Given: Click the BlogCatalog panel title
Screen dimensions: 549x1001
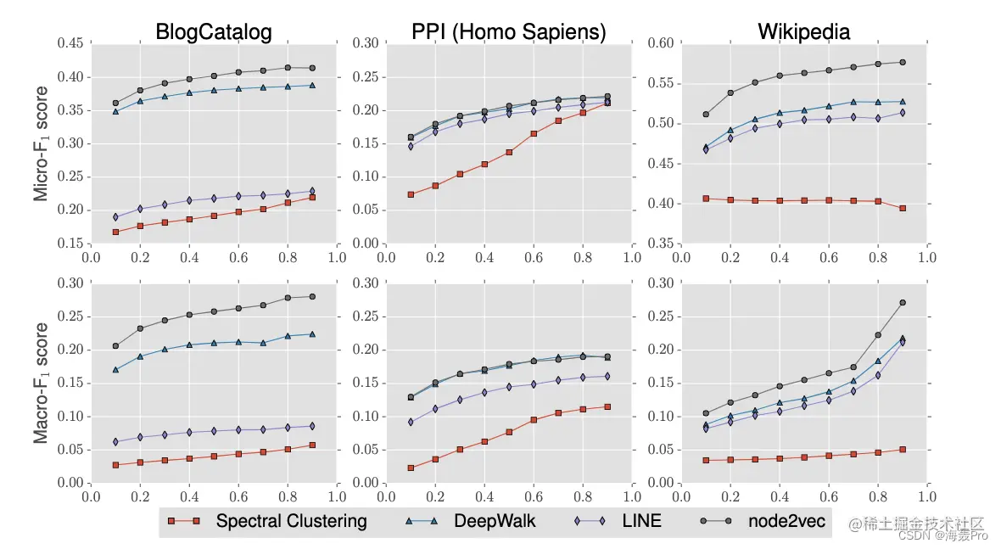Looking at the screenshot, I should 213,32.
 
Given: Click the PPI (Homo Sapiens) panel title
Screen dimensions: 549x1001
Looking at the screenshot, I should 508,32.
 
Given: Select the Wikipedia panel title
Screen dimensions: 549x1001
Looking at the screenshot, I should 803,32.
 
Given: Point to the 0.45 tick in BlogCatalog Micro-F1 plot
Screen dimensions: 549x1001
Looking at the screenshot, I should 70,44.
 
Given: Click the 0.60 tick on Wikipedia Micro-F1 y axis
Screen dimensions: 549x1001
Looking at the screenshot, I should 658,44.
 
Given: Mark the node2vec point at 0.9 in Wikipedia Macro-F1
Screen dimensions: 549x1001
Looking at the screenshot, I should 903,303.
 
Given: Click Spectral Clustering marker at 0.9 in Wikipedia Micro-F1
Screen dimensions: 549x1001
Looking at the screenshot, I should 903,208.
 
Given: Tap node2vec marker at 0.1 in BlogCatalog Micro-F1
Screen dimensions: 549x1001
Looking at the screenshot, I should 115,104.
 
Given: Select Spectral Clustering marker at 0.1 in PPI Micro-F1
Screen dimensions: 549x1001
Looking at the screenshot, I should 411,194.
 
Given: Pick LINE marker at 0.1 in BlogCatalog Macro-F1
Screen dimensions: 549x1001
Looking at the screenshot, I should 115,442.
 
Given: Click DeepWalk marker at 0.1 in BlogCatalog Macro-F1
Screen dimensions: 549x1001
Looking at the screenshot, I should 115,370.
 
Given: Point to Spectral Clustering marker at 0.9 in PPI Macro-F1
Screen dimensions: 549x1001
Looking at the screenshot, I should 607,406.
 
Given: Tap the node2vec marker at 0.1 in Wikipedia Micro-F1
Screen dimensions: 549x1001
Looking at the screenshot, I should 706,115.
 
